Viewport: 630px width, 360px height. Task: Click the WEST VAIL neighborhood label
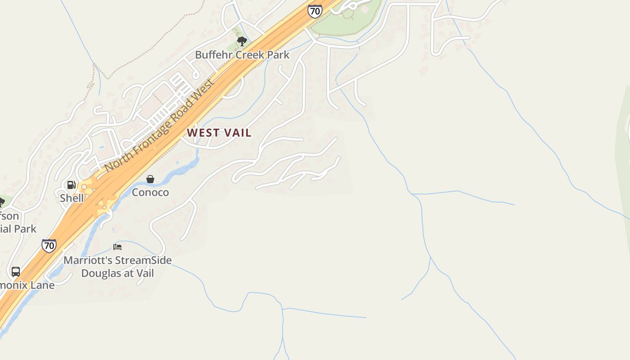coord(219,133)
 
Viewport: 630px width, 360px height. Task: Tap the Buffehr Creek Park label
coord(242,55)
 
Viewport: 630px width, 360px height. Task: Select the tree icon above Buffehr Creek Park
coord(242,41)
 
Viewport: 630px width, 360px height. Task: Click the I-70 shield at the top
coord(315,11)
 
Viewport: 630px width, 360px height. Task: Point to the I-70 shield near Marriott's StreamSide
coord(49,246)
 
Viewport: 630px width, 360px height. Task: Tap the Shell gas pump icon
coord(71,185)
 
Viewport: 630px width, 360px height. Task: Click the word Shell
coord(72,198)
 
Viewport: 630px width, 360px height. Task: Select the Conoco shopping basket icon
coord(150,179)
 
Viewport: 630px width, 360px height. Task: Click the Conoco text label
coord(150,193)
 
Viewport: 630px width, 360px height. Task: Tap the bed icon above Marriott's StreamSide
coord(117,247)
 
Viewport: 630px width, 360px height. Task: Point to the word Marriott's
coord(88,260)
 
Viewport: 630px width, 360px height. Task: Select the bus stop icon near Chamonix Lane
coord(16,272)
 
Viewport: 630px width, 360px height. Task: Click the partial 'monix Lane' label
coord(27,285)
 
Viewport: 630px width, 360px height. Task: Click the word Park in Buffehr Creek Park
coord(278,55)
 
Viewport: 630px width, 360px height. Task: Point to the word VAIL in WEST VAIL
coord(237,133)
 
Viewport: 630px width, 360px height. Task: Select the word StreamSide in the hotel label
coord(143,260)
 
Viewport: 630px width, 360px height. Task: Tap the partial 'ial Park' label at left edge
coord(18,229)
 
